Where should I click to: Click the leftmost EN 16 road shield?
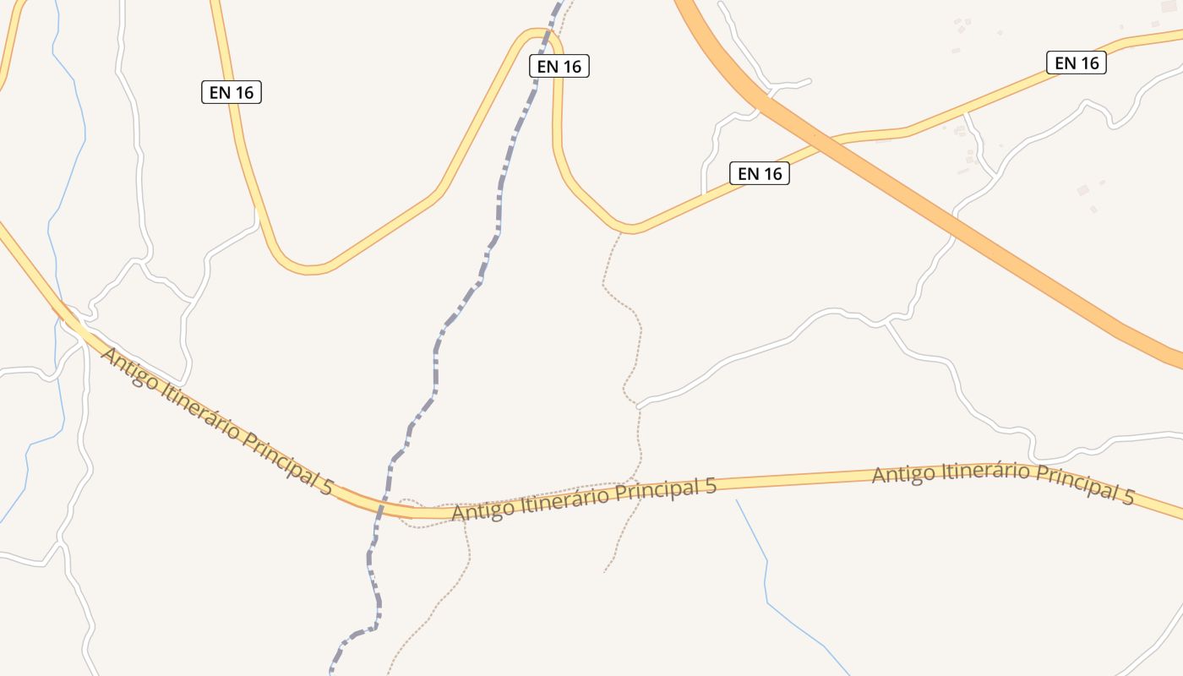pos(232,92)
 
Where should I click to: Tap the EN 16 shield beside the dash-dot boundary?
pos(559,66)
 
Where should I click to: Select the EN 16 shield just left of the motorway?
pos(759,173)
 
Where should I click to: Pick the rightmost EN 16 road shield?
pos(1076,63)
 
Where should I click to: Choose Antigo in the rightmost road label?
pos(903,474)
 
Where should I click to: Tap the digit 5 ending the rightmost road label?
pos(1128,497)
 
